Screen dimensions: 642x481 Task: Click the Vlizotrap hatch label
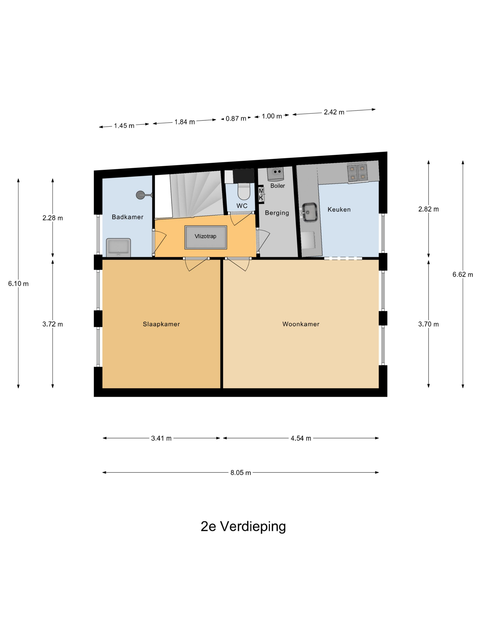click(x=205, y=236)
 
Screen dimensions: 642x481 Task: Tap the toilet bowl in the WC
click(x=243, y=191)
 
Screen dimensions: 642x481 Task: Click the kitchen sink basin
click(x=309, y=212)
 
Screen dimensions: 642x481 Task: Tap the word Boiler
click(x=277, y=186)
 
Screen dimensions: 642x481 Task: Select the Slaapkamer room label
click(x=161, y=324)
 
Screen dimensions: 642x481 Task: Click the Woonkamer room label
click(x=301, y=324)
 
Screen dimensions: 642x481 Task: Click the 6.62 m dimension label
click(x=462, y=274)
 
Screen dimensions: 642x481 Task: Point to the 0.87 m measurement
click(x=236, y=118)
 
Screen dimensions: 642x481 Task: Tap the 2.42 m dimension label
click(x=334, y=112)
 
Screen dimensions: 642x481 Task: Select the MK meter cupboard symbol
click(x=261, y=194)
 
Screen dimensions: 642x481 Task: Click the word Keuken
click(x=339, y=210)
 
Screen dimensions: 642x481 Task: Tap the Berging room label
click(x=277, y=213)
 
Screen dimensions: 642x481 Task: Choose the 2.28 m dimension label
click(x=52, y=218)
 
